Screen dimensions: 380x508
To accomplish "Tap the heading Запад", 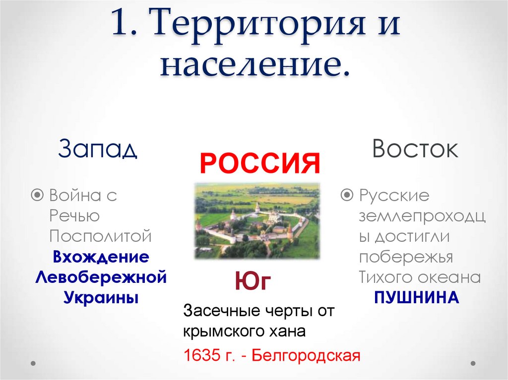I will click(97, 149).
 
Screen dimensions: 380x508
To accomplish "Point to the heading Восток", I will click(415, 149).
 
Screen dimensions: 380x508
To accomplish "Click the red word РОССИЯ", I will click(259, 164).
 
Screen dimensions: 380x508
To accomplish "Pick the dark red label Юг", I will click(253, 282).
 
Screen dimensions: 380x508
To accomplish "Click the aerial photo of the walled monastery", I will click(257, 220).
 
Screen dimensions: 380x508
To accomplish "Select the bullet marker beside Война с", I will click(37, 195).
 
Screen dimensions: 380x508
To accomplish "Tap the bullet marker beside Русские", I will click(348, 195).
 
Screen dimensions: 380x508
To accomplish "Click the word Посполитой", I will click(100, 236).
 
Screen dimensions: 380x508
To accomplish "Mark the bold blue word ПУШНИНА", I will click(416, 298).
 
